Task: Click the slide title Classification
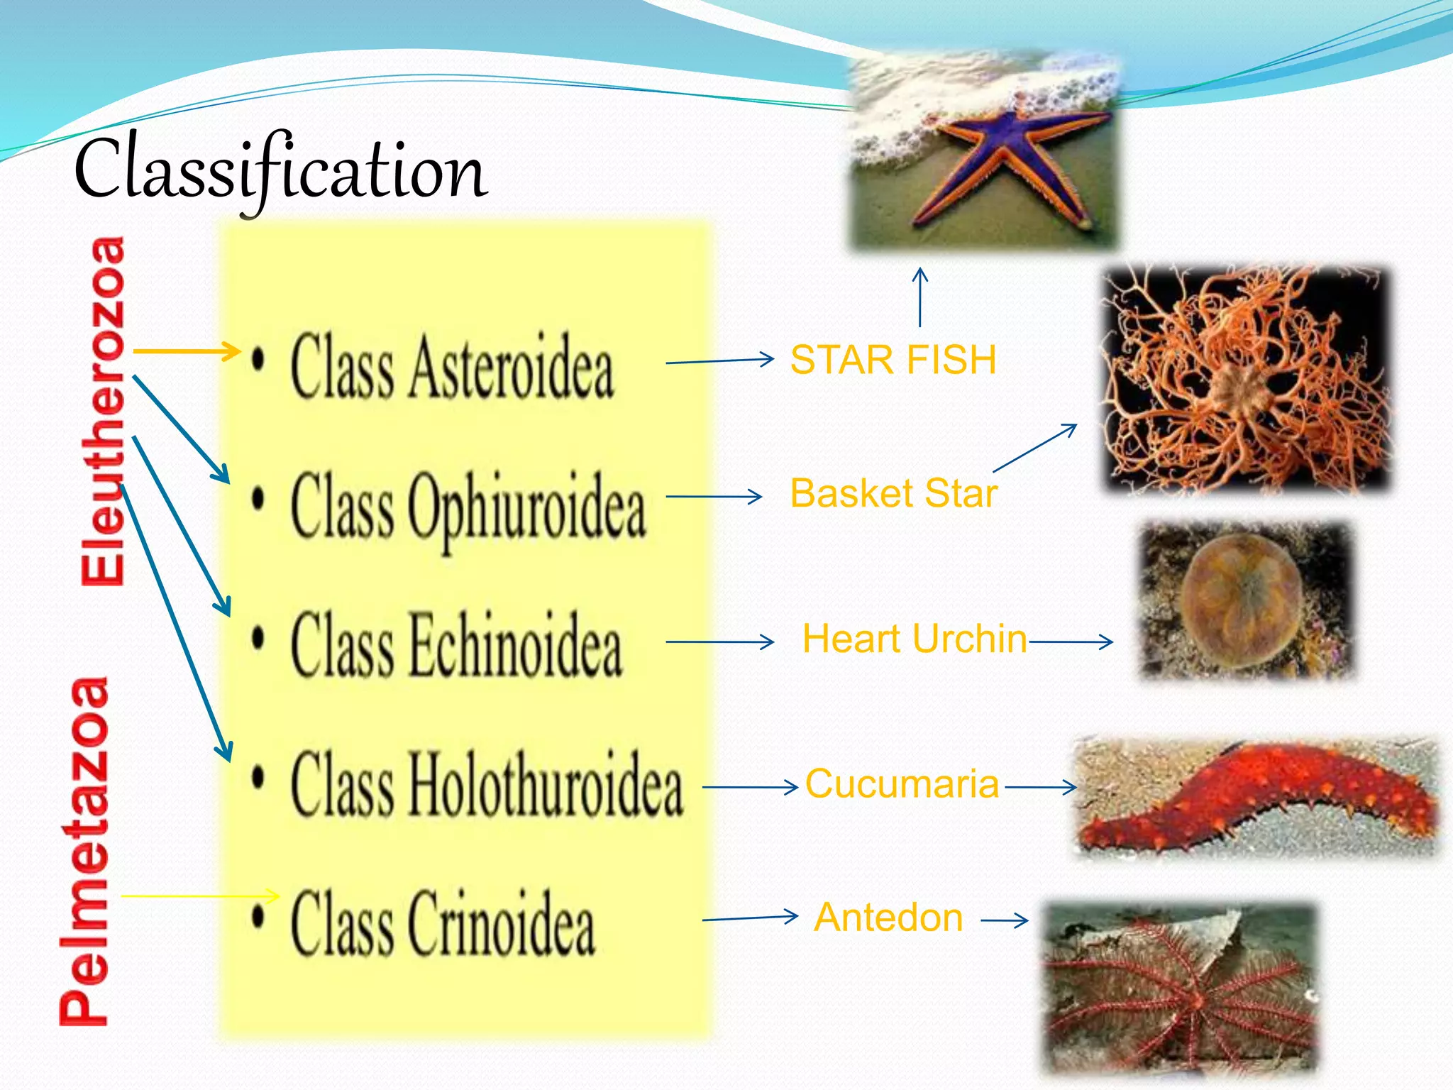tap(280, 170)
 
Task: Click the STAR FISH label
tap(893, 360)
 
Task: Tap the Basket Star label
tap(893, 493)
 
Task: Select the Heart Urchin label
tap(915, 639)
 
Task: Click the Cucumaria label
tap(902, 784)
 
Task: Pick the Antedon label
tap(888, 918)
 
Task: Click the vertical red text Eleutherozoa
tap(104, 412)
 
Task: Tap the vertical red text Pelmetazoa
tap(85, 852)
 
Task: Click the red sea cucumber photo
tap(1256, 795)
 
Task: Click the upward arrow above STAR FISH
tap(920, 297)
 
